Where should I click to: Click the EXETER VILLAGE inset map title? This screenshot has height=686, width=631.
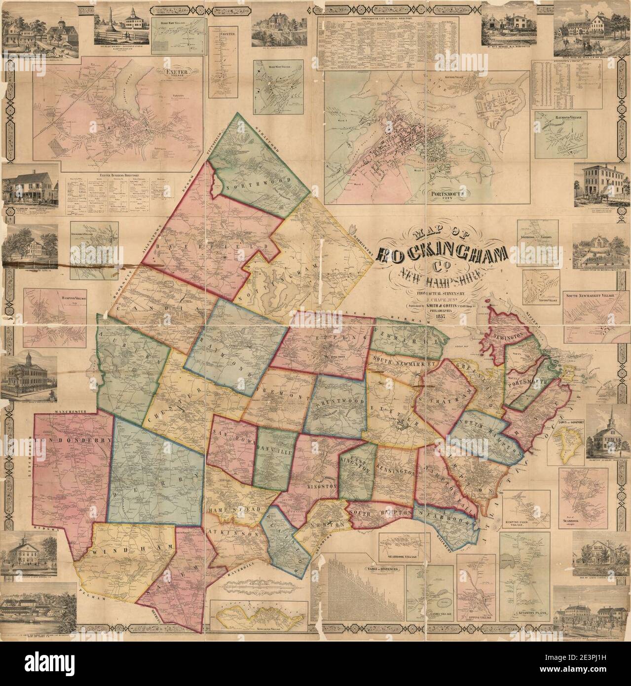(175, 75)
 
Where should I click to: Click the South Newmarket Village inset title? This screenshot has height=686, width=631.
(594, 297)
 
